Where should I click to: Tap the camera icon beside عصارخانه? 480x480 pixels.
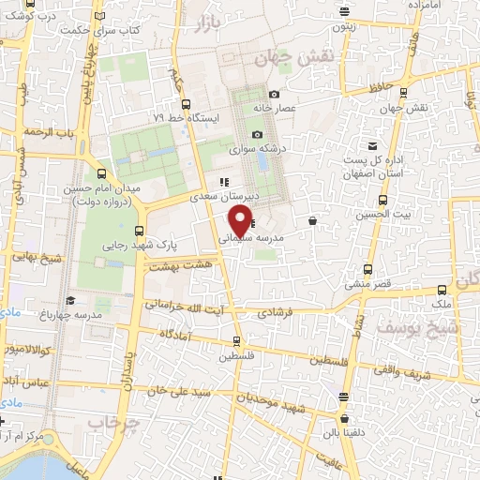point(274,95)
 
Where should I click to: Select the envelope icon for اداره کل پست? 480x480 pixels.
point(373,146)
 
